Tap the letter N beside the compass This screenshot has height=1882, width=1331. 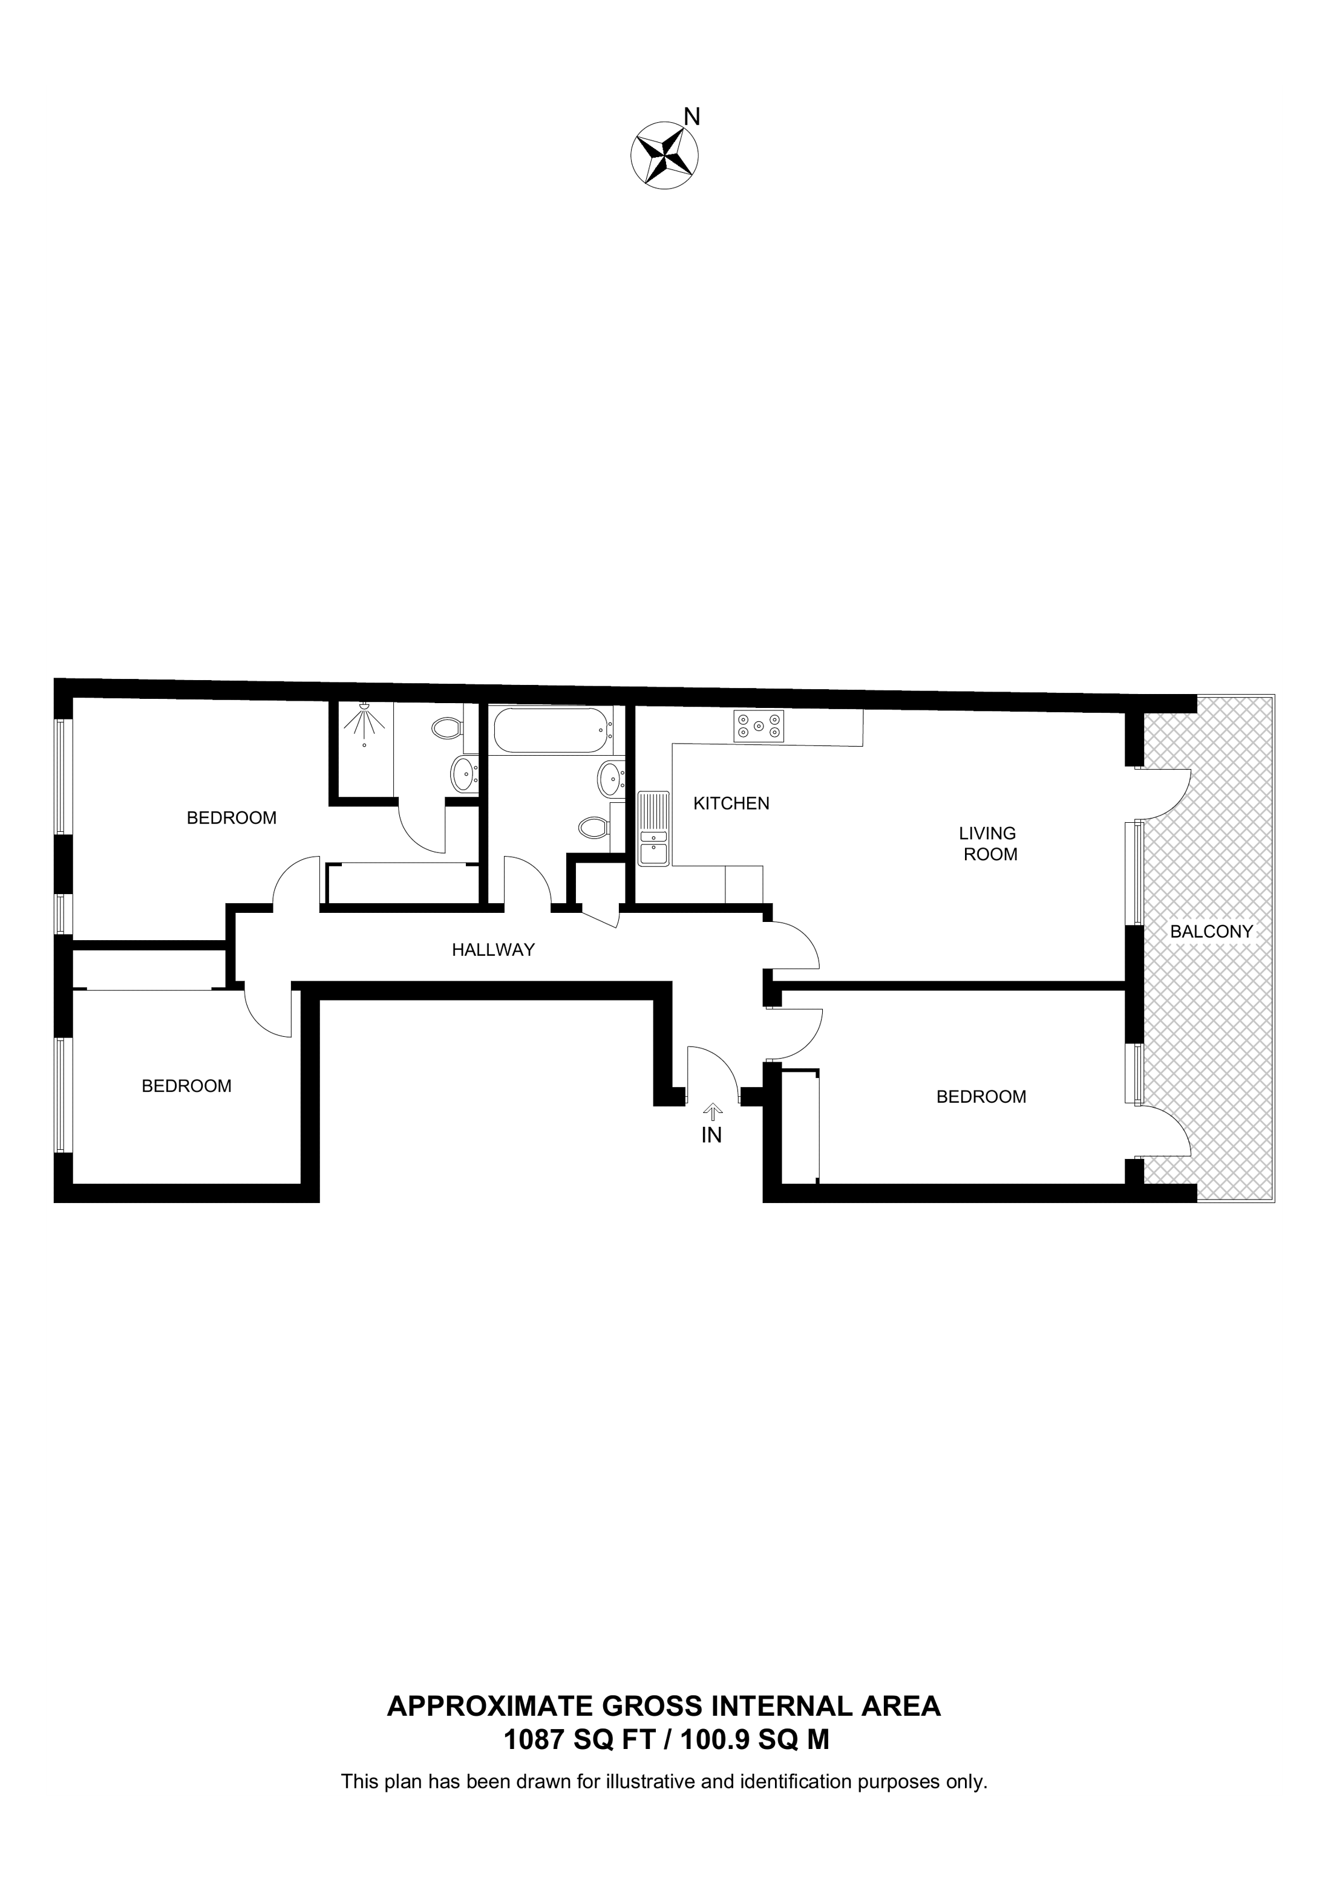692,117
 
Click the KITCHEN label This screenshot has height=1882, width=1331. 731,803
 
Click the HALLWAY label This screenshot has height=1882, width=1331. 493,949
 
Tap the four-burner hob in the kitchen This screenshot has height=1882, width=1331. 759,725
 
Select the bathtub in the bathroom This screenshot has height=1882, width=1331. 551,730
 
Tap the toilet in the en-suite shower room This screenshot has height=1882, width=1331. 448,727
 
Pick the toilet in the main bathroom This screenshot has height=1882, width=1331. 593,826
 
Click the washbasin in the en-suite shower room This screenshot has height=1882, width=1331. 464,774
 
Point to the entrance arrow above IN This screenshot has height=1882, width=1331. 712,1111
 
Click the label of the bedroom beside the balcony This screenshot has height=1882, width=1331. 981,1096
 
